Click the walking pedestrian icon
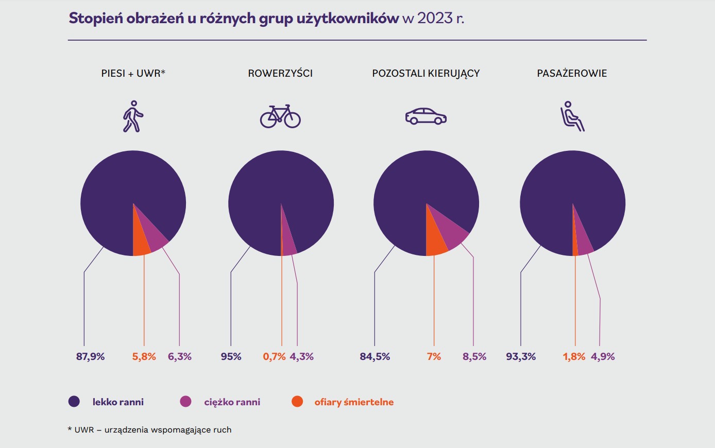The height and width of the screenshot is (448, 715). (x=133, y=116)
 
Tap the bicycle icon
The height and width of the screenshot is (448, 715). (x=280, y=116)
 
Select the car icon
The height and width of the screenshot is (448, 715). (x=425, y=116)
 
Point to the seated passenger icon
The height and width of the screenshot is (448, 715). (x=572, y=116)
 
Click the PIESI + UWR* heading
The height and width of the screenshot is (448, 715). (x=133, y=73)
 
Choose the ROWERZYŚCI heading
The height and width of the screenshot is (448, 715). (x=280, y=73)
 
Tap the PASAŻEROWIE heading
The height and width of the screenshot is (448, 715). (x=572, y=73)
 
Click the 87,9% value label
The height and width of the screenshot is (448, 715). (x=90, y=356)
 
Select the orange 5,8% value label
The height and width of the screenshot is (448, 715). (x=144, y=356)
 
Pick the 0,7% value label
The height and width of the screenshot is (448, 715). (x=274, y=356)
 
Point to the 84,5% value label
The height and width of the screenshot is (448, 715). (x=374, y=356)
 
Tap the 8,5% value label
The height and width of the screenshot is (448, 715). (x=474, y=356)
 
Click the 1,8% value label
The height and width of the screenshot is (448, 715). (x=574, y=356)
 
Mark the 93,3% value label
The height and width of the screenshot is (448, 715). (x=521, y=356)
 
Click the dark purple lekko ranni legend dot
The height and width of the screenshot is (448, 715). (x=74, y=402)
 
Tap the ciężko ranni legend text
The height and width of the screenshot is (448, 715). (x=232, y=402)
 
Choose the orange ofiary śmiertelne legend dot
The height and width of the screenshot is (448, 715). (x=297, y=402)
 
